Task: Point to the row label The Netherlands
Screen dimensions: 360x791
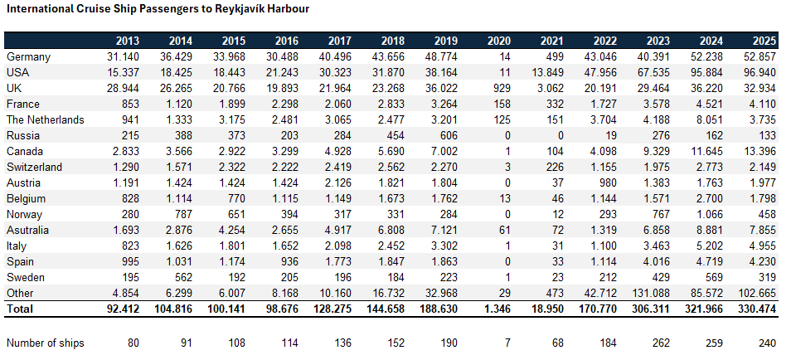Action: [45, 119]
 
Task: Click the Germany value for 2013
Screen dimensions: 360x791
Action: [123, 56]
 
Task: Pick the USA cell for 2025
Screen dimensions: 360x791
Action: [759, 72]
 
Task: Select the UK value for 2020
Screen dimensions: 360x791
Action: [500, 88]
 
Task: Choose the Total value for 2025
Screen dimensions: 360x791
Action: [756, 309]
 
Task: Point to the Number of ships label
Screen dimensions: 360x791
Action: [45, 343]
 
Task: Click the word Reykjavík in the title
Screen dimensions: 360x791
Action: [214, 9]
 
